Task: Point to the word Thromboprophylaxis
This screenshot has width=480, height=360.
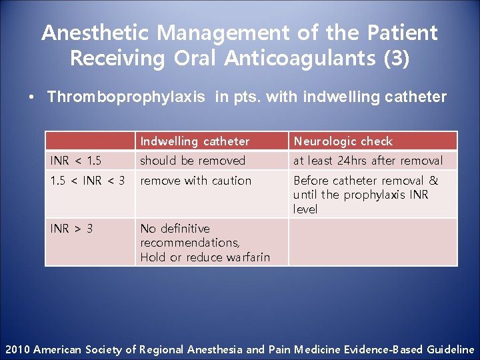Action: pos(126,97)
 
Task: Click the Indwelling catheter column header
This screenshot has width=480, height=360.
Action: pos(195,141)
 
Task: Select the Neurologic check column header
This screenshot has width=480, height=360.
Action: pos(343,141)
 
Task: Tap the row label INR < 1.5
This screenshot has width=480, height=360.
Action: pos(76,161)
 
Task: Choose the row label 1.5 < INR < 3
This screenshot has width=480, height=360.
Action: pos(88,181)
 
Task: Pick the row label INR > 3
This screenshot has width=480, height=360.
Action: pos(72,229)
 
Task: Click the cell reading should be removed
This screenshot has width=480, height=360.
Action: pos(193,161)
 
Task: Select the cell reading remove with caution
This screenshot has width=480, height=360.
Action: pos(196,181)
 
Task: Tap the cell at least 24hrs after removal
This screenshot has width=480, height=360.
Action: pos(368,161)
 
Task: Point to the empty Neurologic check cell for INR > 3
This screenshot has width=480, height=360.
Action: pos(373,242)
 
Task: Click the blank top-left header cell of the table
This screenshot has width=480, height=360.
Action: pos(90,141)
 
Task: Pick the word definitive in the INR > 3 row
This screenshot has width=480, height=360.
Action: pos(184,229)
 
